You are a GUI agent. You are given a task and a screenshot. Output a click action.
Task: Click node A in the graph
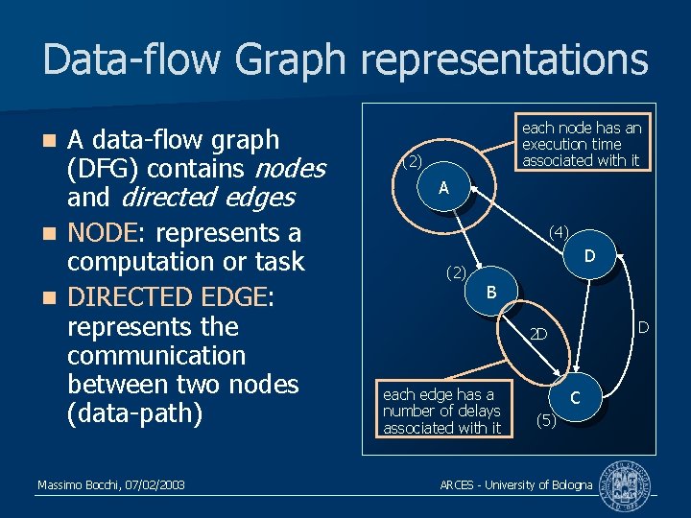[x=443, y=189]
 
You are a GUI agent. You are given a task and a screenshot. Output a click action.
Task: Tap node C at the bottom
[x=574, y=396]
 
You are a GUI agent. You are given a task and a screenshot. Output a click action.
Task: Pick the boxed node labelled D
[x=590, y=256]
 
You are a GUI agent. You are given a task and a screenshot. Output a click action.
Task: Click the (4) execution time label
[x=559, y=231]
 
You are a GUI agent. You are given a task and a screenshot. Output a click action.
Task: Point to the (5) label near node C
[x=545, y=419]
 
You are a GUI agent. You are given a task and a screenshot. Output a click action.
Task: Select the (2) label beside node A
[x=411, y=160]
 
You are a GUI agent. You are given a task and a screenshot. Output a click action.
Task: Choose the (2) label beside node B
[x=457, y=272]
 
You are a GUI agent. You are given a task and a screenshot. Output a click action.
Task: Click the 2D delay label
[x=538, y=335]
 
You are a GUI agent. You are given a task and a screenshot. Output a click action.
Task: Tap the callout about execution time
[x=581, y=144]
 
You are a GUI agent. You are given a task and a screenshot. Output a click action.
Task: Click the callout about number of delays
[x=441, y=411]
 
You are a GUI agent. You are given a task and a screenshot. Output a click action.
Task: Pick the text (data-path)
[x=148, y=413]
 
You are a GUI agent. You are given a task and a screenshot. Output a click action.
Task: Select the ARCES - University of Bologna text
[x=515, y=485]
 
